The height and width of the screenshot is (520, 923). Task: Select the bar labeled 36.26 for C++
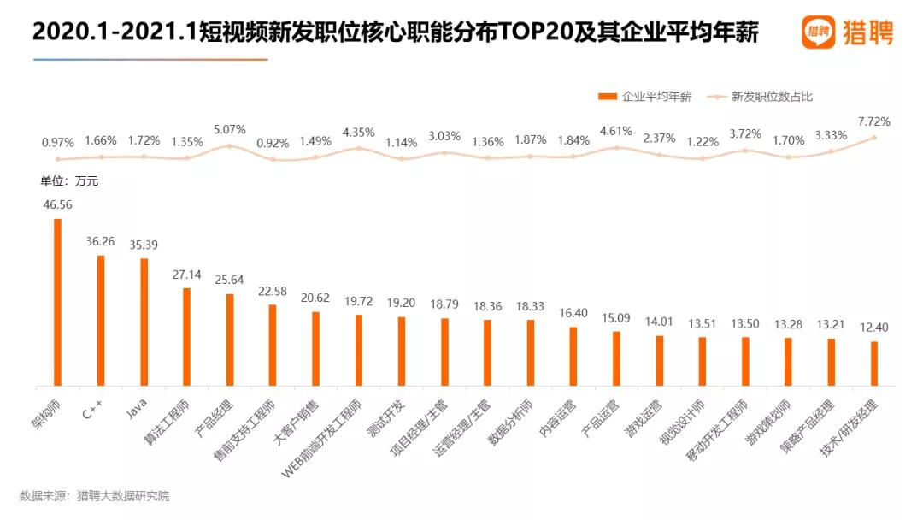coord(101,321)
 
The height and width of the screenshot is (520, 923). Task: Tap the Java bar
coord(144,322)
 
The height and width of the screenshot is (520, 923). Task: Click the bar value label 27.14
coord(187,275)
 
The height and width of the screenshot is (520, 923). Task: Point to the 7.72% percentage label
coord(873,122)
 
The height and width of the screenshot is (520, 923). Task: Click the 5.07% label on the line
coord(229,130)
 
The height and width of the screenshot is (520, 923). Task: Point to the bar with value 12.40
coord(873,364)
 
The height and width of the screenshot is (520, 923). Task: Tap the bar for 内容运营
coord(573,357)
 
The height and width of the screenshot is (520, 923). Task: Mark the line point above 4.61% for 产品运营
coord(616,147)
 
